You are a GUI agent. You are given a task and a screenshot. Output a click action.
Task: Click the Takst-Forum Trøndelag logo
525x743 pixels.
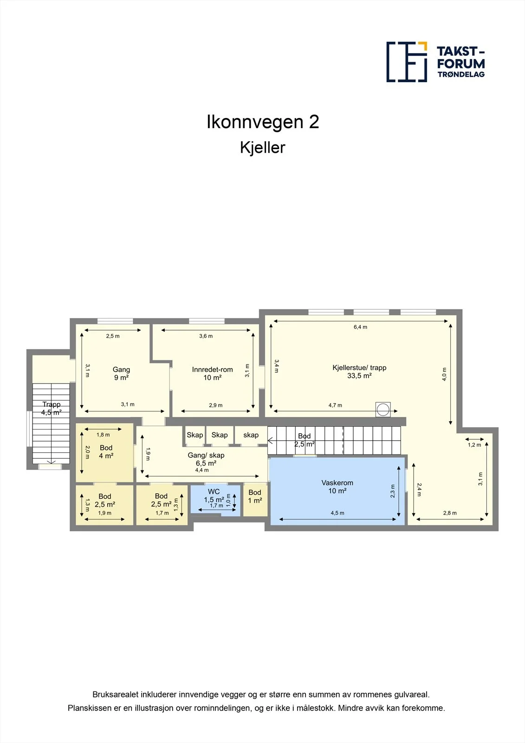(x=435, y=62)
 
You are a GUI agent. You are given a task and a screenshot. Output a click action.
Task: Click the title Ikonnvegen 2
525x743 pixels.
(x=263, y=122)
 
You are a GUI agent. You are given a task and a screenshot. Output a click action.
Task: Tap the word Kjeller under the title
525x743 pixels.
(x=262, y=148)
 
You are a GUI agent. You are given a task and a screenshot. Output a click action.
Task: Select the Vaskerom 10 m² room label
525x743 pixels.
(x=337, y=487)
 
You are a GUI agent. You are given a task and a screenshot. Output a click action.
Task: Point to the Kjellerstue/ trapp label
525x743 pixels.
(x=359, y=371)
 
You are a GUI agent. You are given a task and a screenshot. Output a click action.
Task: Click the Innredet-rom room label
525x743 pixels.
(x=212, y=373)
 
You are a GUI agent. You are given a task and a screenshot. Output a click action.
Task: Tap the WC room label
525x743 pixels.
(x=214, y=495)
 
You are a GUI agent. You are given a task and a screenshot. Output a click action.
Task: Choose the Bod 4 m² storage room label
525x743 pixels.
(x=106, y=452)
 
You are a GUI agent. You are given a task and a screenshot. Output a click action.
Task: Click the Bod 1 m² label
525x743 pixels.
(x=255, y=496)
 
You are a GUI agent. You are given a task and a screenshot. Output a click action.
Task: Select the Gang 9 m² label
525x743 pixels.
(x=121, y=373)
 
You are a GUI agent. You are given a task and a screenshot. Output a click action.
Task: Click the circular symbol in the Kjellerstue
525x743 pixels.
(x=383, y=410)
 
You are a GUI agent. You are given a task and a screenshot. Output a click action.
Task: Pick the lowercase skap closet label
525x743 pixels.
(x=251, y=435)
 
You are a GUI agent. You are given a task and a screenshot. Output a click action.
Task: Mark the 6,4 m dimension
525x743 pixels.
(x=360, y=327)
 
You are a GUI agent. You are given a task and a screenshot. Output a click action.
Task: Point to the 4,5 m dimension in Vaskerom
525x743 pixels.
(x=337, y=513)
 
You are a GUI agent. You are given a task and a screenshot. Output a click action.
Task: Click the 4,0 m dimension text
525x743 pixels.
(x=444, y=374)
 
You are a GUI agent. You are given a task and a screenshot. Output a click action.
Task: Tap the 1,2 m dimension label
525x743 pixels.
(x=474, y=445)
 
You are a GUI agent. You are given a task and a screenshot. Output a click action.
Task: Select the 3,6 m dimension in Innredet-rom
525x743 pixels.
(x=206, y=336)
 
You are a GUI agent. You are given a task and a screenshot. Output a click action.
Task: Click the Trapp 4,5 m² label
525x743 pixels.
(x=52, y=408)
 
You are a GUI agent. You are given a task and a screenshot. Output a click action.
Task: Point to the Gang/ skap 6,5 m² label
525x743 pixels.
(x=206, y=459)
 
